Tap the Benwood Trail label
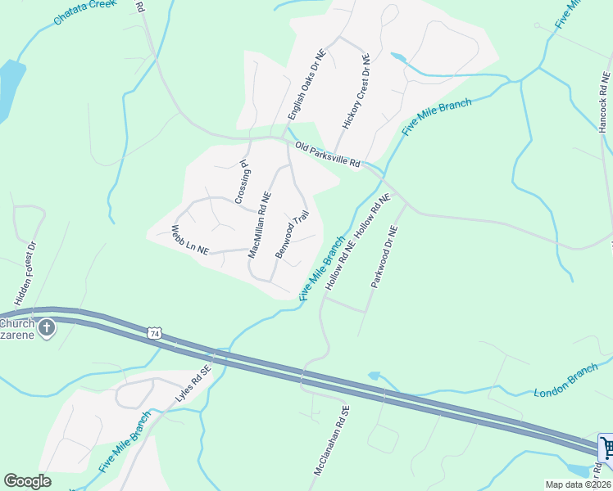(293, 235)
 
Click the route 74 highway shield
(155, 333)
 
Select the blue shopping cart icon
(606, 448)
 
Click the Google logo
(28, 480)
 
